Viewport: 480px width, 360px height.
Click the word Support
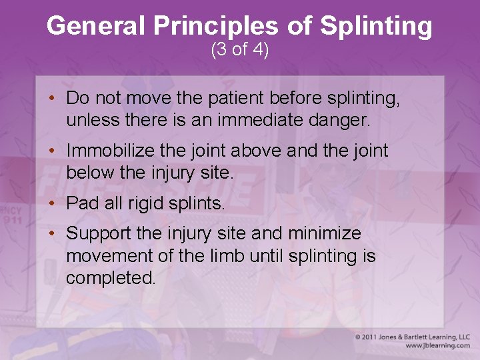[97, 234]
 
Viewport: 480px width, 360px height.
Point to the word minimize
[324, 234]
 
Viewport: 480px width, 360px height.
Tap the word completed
[111, 278]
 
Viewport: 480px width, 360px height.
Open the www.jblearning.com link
[437, 346]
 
